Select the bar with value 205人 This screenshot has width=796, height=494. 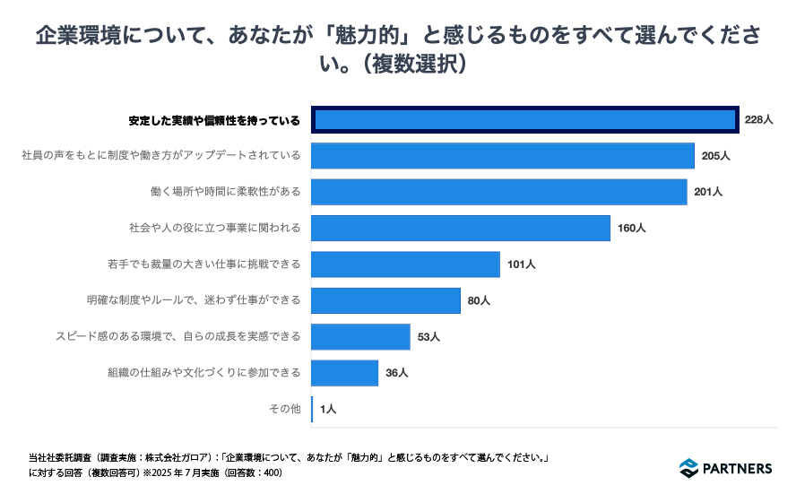point(503,156)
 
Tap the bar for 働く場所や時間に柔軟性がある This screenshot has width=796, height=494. point(498,192)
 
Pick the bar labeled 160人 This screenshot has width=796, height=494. point(461,229)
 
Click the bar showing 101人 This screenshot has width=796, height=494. point(405,264)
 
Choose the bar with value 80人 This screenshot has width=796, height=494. point(385,300)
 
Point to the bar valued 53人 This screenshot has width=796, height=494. point(360,337)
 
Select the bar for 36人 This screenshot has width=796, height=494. point(344,373)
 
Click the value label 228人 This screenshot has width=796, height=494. point(758,119)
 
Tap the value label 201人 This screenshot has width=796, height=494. point(708,192)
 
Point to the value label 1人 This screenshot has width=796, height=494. point(327,410)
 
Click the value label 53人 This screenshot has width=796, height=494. point(428,337)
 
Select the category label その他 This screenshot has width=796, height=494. point(285,410)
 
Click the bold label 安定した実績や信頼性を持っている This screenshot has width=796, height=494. point(214,119)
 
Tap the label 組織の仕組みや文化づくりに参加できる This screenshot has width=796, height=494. point(203,373)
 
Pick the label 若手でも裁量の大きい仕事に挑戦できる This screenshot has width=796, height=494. point(203,264)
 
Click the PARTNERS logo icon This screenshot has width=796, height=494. point(688,468)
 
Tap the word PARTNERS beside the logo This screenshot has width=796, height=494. point(738,468)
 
